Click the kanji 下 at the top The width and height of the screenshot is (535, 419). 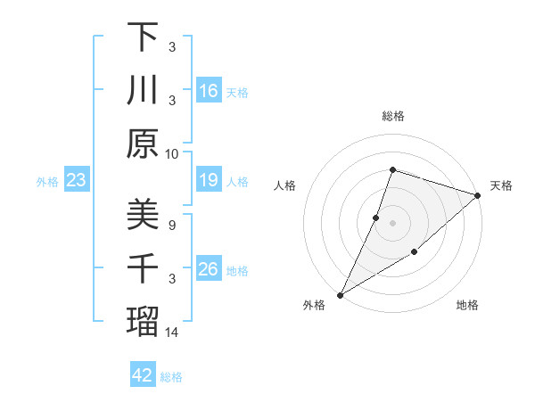click(143, 37)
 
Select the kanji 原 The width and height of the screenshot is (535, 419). click(143, 143)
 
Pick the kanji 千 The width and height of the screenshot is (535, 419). click(143, 268)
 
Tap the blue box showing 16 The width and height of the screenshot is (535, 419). click(209, 90)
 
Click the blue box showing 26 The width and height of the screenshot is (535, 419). click(209, 269)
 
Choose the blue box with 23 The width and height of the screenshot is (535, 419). click(77, 181)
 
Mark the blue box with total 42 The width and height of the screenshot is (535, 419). click(143, 375)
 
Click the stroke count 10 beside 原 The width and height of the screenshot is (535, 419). click(172, 153)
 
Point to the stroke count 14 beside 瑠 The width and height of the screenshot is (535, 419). click(172, 333)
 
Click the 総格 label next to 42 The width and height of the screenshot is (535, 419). click(171, 377)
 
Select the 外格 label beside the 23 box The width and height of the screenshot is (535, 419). click(47, 182)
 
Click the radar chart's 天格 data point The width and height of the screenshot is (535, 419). click(477, 196)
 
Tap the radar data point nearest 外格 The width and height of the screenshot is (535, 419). click(341, 294)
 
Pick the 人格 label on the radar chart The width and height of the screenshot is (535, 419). click(285, 185)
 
